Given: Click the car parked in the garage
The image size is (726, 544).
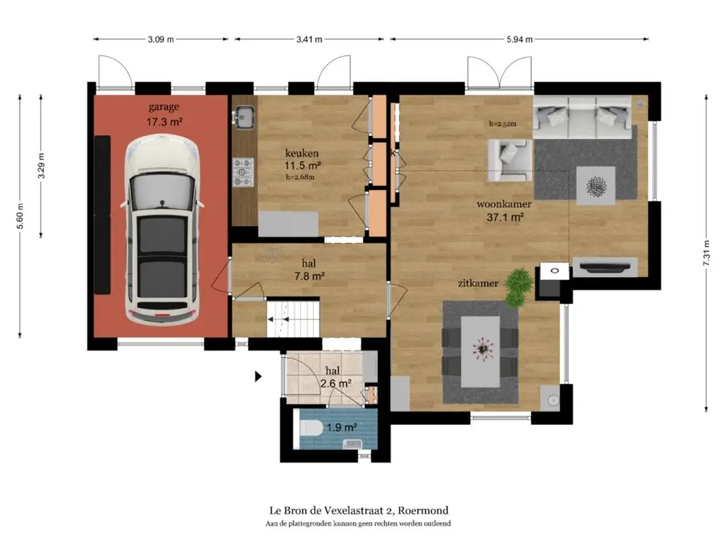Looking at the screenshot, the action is click(162, 230).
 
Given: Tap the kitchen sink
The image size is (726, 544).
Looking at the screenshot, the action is click(244, 116).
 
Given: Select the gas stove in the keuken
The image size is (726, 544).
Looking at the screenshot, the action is click(243, 172).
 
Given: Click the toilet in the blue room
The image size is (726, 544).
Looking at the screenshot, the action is click(311, 428).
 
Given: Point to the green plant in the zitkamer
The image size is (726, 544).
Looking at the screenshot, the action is click(518, 287).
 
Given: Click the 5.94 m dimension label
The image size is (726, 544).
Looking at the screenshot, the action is click(520, 40).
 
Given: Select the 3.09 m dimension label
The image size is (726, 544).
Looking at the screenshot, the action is click(161, 40).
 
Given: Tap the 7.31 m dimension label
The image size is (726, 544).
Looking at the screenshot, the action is click(706, 253).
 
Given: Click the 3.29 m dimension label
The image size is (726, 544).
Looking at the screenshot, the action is click(41, 166).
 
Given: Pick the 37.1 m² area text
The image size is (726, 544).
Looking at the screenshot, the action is click(505, 217).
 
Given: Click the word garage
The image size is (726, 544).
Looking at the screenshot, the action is click(164, 108).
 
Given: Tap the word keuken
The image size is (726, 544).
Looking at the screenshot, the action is click(302, 153).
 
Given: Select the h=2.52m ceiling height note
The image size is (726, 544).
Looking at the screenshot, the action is click(503, 123).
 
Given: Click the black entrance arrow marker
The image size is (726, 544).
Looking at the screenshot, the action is click(258, 377).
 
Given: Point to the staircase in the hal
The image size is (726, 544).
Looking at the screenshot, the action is click(293, 319).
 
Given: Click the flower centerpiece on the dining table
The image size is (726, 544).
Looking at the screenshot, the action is click(482, 348).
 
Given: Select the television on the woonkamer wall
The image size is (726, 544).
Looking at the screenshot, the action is click(605, 267).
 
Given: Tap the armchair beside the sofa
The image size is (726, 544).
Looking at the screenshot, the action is click(509, 160).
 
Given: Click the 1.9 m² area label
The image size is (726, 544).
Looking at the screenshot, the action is click(341, 427).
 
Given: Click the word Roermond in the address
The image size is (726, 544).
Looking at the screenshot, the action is click(423, 511).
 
